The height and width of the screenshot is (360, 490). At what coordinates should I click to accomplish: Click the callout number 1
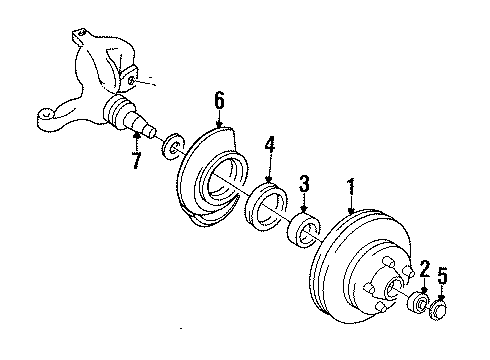pos(351,188)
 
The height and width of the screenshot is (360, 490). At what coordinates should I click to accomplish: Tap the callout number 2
pos(425,269)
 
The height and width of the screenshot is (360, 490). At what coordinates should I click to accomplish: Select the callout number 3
pos(304,184)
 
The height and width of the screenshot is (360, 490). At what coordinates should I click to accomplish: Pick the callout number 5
pos(442,276)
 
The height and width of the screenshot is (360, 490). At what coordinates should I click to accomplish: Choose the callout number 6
pos(219,100)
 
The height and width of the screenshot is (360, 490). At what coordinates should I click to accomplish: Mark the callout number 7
pos(136,160)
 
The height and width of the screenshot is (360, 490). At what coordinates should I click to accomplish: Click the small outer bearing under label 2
pos(419,302)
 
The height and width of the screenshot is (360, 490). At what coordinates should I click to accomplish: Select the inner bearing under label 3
pos(303,231)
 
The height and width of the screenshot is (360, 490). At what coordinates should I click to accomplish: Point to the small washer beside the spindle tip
pos(173,146)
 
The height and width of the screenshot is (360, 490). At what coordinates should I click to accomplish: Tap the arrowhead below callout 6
pos(219,124)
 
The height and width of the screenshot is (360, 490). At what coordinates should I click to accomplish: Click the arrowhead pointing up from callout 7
pos(136,135)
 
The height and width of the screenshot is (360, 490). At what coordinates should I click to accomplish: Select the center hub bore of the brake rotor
pos(394,288)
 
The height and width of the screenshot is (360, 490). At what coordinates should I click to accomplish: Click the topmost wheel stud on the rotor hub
pos(390,262)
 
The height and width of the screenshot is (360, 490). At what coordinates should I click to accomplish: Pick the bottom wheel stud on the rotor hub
pos(380,306)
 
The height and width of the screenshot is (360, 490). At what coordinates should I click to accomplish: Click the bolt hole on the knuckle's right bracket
pos(132,80)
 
